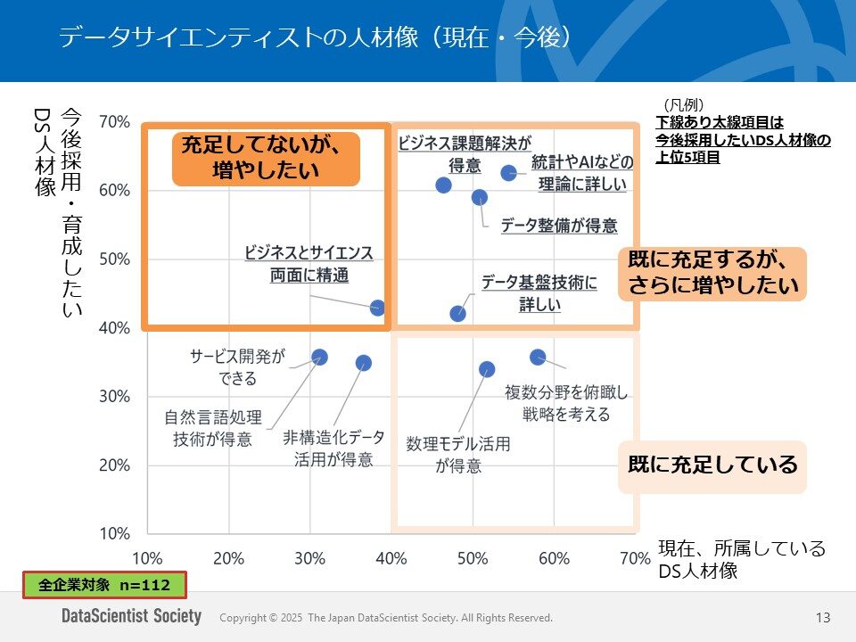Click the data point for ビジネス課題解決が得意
click(x=443, y=185)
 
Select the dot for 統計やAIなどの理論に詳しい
click(x=508, y=173)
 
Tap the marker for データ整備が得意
click(x=480, y=197)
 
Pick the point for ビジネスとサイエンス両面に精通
click(x=377, y=308)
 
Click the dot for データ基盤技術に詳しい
click(x=457, y=313)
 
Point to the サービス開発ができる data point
click(x=319, y=357)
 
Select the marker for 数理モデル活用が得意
click(x=487, y=369)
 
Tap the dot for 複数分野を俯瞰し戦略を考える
click(x=538, y=357)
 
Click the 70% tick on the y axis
click(x=114, y=121)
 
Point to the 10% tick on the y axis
click(x=114, y=533)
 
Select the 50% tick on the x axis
click(x=473, y=559)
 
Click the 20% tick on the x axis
click(x=228, y=559)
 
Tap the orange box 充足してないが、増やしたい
click(x=265, y=159)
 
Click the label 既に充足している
click(x=712, y=465)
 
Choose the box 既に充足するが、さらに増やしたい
click(x=712, y=273)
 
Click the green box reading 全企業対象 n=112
click(x=103, y=585)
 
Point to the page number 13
click(x=822, y=617)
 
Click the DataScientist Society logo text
click(x=131, y=617)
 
